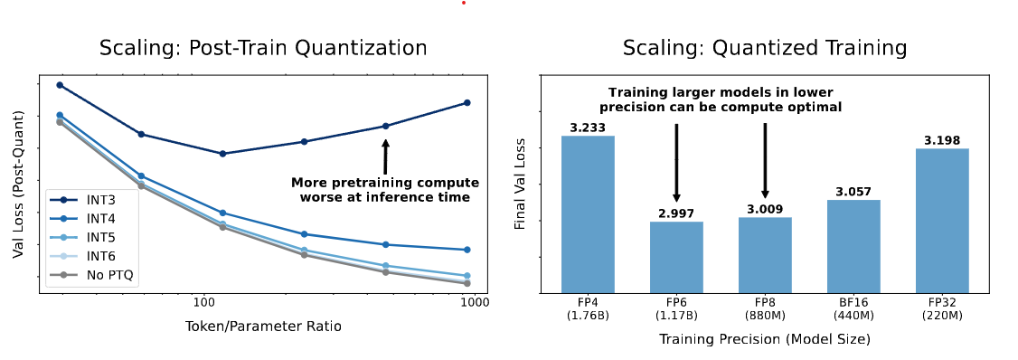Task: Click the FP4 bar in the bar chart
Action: click(x=588, y=213)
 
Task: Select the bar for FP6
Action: click(x=676, y=257)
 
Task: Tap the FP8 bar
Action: click(x=765, y=254)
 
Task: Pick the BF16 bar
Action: click(x=853, y=246)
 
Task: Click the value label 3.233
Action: click(x=588, y=128)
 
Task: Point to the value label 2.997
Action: click(x=676, y=213)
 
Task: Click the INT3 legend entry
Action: click(x=91, y=199)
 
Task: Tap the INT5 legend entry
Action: click(x=91, y=237)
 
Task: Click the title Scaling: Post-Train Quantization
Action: click(x=263, y=48)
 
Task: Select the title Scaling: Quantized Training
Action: click(x=765, y=48)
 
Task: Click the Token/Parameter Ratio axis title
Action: click(x=263, y=326)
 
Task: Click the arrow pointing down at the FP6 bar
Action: click(x=676, y=163)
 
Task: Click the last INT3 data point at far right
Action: click(x=467, y=102)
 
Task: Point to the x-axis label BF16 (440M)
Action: click(x=853, y=308)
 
